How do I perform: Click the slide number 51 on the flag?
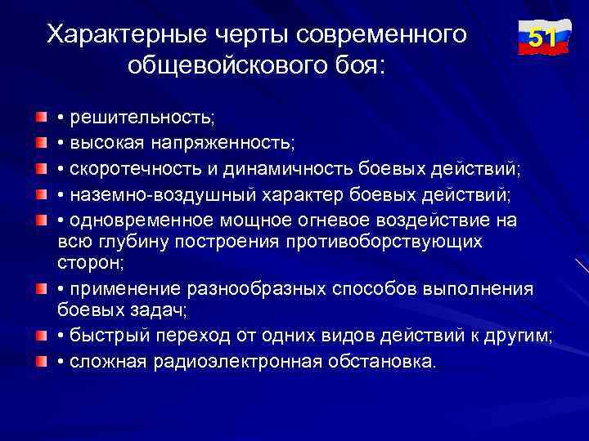[x=543, y=38]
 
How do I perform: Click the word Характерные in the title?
[x=114, y=35]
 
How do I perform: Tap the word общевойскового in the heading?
[x=217, y=65]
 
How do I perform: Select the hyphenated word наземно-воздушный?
[x=164, y=195]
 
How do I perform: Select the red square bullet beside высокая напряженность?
[x=41, y=145]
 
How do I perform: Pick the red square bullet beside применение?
[x=41, y=289]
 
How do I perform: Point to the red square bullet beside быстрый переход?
[x=41, y=336]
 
